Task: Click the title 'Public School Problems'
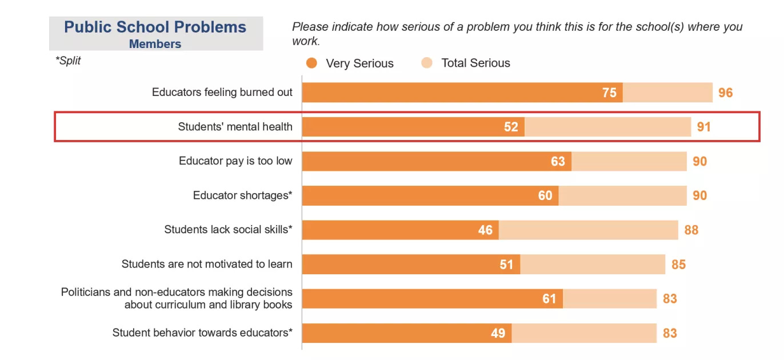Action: pos(155,27)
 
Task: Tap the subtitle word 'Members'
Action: pos(155,44)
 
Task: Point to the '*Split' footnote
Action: pos(68,61)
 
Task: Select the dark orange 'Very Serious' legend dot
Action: pos(311,63)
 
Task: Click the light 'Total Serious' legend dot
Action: pos(427,63)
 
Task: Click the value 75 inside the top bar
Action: pos(609,93)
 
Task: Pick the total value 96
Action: pos(725,93)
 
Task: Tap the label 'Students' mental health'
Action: pos(235,127)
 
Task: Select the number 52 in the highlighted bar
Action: pos(511,127)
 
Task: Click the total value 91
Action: pos(703,127)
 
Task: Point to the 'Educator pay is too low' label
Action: pos(235,161)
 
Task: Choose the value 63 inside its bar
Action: pos(558,162)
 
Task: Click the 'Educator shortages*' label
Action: pos(242,195)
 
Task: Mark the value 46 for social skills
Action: pos(485,230)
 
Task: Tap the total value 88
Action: pos(691,230)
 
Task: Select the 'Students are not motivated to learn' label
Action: pos(207,264)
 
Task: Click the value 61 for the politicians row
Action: pos(549,299)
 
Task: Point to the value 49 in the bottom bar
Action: pos(498,333)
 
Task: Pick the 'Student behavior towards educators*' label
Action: pos(202,333)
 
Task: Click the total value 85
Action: pos(678,265)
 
